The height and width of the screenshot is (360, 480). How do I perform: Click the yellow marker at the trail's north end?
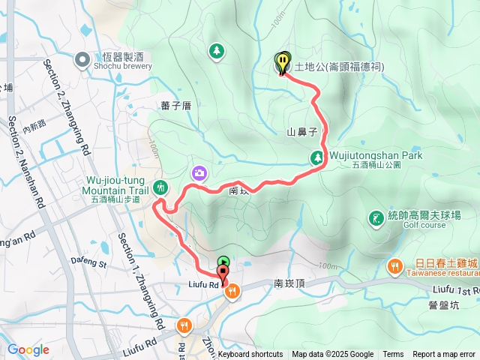pyautogui.click(x=282, y=62)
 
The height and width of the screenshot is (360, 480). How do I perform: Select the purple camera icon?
pyautogui.click(x=199, y=173)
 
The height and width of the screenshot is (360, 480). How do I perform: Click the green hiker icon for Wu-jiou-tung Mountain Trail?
pyautogui.click(x=159, y=187)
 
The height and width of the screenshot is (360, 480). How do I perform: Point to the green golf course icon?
pyautogui.click(x=375, y=219)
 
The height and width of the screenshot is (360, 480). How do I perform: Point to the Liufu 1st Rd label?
pyautogui.click(x=455, y=289)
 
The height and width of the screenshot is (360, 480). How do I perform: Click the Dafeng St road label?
pyautogui.click(x=89, y=262)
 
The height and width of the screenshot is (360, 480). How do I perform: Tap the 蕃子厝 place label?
pyautogui.click(x=176, y=106)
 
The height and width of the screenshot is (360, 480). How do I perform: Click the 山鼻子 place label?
pyautogui.click(x=301, y=132)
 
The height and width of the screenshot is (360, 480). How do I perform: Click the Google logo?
pyautogui.click(x=28, y=349)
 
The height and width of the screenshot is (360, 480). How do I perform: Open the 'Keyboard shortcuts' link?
pyautogui.click(x=250, y=355)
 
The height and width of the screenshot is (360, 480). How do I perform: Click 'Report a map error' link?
pyautogui.click(x=444, y=355)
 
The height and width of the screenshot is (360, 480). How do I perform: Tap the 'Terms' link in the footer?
pyautogui.click(x=393, y=355)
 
